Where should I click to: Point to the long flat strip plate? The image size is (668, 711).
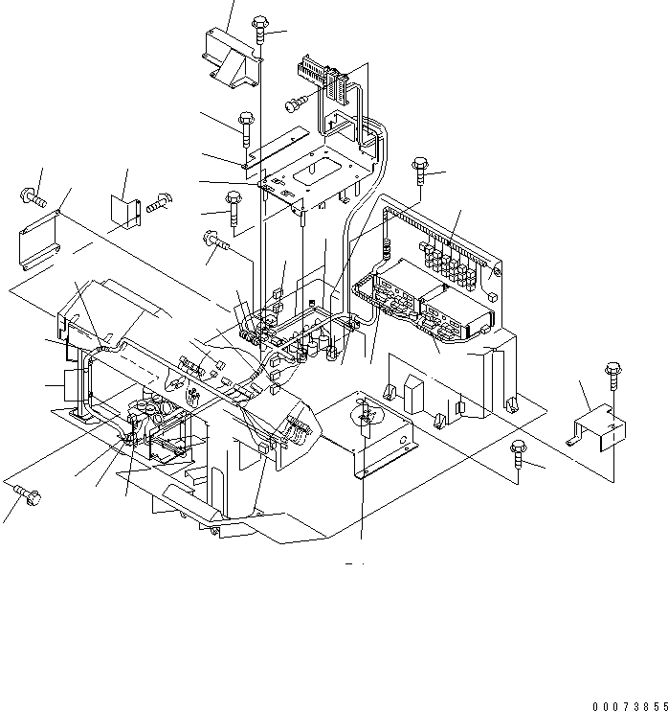tap(279, 144)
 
